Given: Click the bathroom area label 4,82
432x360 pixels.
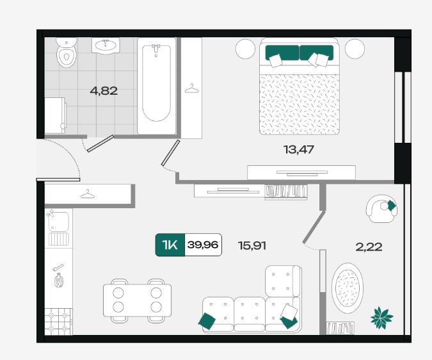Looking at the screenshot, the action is [104, 91].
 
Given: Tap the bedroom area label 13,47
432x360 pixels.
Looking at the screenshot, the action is [299, 149].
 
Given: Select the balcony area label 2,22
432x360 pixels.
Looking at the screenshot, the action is [369, 247].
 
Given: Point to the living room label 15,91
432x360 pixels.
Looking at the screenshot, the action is [252, 245].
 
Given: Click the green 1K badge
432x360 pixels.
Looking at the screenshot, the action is [170, 245].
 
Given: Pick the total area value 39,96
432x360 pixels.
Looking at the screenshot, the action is [203, 245].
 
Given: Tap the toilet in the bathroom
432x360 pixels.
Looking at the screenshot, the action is [67, 53].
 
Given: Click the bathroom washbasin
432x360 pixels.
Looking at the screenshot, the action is [106, 45].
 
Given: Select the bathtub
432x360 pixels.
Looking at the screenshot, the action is [157, 86].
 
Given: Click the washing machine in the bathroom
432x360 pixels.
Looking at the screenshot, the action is [56, 115].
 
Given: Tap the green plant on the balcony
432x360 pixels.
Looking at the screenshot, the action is [381, 318].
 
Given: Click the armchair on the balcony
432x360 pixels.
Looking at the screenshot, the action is [381, 209].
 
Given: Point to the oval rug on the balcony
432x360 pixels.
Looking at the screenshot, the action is [347, 288].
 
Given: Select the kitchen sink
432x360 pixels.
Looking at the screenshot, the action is [58, 222].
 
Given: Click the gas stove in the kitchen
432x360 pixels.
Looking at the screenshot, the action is [59, 322].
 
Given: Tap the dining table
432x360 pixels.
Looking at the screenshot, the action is [137, 300].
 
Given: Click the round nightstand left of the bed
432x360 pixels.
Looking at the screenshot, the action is [246, 49].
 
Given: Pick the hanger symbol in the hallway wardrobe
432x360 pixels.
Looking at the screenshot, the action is [88, 194].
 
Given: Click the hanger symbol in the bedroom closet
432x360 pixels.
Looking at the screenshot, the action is [191, 88].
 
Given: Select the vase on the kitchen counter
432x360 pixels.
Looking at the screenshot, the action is [59, 281].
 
